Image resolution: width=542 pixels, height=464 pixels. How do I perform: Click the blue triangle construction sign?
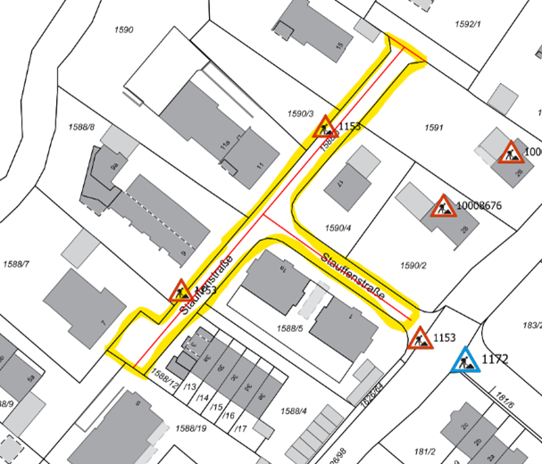point(464,361)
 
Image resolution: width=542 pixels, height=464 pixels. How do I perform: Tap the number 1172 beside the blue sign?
point(496,360)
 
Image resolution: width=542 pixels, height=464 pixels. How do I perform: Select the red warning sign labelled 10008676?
point(443,207)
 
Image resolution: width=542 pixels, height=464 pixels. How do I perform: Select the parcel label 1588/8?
point(80,128)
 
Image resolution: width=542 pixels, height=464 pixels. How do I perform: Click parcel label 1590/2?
point(414,265)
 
